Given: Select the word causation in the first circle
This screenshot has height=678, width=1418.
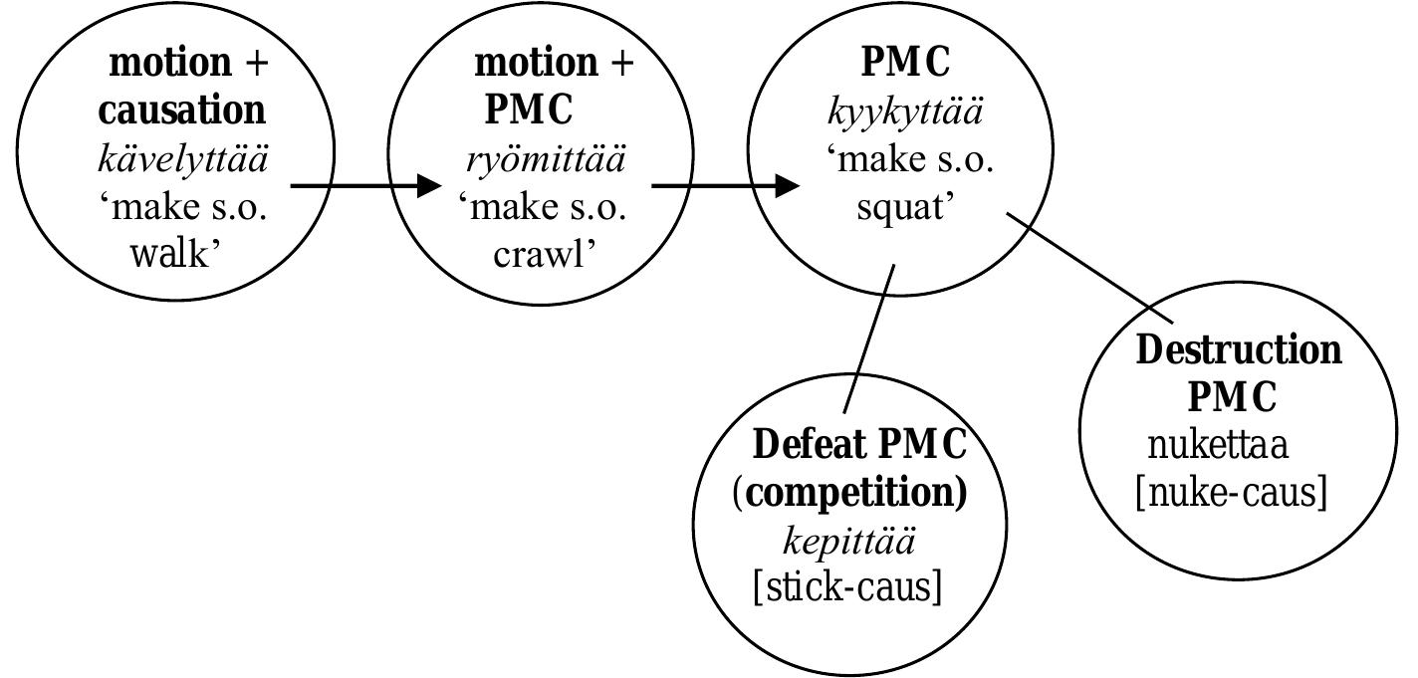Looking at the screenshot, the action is [182, 110].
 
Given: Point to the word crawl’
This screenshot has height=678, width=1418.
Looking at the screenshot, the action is [545, 254].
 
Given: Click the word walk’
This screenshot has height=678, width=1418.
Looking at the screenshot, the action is [175, 254].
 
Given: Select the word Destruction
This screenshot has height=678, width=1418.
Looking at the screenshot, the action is [1238, 350].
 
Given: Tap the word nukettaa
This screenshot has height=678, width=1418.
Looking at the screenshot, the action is [1218, 444].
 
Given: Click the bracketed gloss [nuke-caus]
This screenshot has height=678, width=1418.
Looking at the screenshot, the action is [1231, 492].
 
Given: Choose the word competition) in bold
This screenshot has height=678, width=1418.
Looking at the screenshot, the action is [854, 493].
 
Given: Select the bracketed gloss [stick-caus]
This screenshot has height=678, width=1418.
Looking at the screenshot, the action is [847, 587].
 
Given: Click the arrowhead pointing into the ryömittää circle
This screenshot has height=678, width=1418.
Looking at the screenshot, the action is [428, 185].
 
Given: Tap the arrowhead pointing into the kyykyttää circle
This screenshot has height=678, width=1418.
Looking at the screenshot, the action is [788, 185].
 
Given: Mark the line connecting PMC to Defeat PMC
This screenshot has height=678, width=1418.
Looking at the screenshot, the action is [869, 339].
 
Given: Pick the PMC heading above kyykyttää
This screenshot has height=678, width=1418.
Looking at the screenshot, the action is [905, 62].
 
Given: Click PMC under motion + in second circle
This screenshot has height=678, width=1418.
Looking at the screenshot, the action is [528, 110].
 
